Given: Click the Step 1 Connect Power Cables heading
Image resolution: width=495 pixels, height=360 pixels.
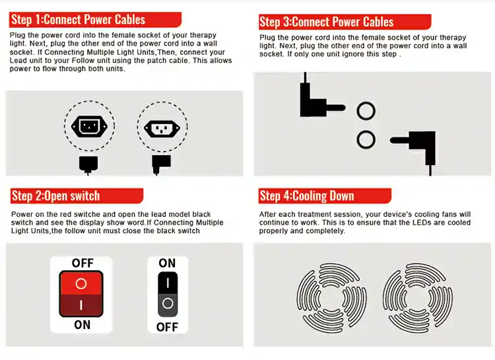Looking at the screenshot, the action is [x=79, y=20].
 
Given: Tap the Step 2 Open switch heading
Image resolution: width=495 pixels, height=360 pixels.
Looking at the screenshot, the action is [x=55, y=196].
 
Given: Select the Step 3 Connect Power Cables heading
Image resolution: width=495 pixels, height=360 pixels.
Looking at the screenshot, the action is [x=327, y=22].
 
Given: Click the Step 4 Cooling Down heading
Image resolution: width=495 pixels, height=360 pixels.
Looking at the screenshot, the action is [x=306, y=196].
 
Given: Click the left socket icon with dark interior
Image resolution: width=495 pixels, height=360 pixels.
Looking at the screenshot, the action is [x=89, y=126].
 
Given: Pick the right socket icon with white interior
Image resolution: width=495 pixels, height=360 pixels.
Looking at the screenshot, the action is [x=162, y=128].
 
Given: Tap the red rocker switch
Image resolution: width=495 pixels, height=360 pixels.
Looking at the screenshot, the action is [x=81, y=294].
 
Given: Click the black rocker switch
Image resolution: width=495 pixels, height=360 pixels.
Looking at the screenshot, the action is [x=168, y=294].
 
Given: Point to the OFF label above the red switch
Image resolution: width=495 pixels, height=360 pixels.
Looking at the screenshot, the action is [x=82, y=263].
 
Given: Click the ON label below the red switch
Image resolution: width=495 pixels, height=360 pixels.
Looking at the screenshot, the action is [x=82, y=325].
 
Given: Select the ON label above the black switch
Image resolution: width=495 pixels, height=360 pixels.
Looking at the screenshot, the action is [x=167, y=263].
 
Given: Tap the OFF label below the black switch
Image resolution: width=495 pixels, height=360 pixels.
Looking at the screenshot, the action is [x=168, y=327].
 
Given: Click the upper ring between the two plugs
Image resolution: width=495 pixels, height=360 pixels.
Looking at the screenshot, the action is [x=366, y=102].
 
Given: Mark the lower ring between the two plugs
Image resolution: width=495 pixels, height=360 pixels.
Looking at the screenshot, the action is [x=366, y=131].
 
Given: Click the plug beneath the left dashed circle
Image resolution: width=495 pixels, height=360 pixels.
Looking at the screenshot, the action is [x=88, y=164].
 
